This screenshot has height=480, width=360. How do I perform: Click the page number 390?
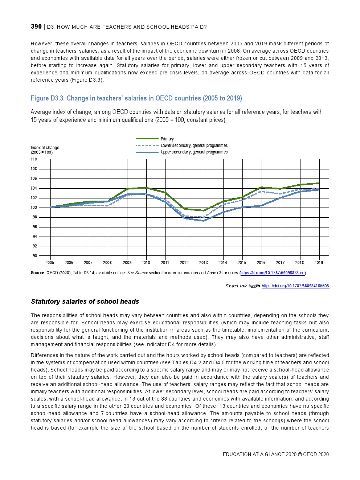(36, 26)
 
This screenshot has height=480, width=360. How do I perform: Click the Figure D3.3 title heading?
(136, 98)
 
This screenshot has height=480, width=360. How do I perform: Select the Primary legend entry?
(167, 139)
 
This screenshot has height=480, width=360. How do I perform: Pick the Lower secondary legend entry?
(194, 145)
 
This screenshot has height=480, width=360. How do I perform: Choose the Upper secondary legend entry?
(194, 152)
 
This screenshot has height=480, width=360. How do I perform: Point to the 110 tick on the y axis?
(34, 159)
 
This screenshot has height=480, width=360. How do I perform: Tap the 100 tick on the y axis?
(34, 208)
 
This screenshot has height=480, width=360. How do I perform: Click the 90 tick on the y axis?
(34, 256)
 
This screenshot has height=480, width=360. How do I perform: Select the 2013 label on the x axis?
(204, 263)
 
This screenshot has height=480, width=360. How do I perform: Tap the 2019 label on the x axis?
(319, 263)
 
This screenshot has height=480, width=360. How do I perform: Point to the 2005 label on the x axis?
(50, 263)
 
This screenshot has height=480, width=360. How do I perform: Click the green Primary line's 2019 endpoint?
(319, 183)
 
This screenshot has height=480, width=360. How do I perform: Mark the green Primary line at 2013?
(204, 210)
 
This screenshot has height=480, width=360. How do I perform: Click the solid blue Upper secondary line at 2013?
(204, 221)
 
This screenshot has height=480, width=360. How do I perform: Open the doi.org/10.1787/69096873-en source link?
(272, 273)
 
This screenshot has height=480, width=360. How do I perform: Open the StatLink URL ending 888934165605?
(295, 286)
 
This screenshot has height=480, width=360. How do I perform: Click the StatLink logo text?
(236, 286)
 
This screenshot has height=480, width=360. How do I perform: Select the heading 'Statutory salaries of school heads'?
(85, 301)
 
